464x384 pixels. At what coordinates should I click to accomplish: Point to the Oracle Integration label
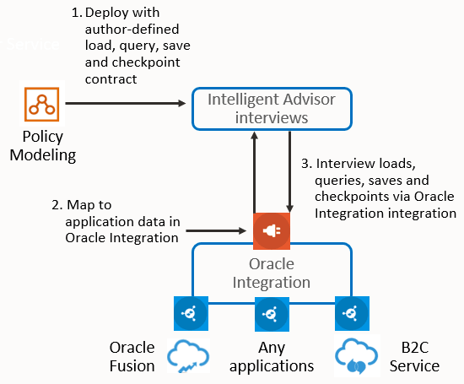point(272,273)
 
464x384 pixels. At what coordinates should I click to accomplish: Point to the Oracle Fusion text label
point(132,357)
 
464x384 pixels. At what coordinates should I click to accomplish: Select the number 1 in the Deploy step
point(74,14)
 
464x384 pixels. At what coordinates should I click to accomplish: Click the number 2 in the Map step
point(55,205)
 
